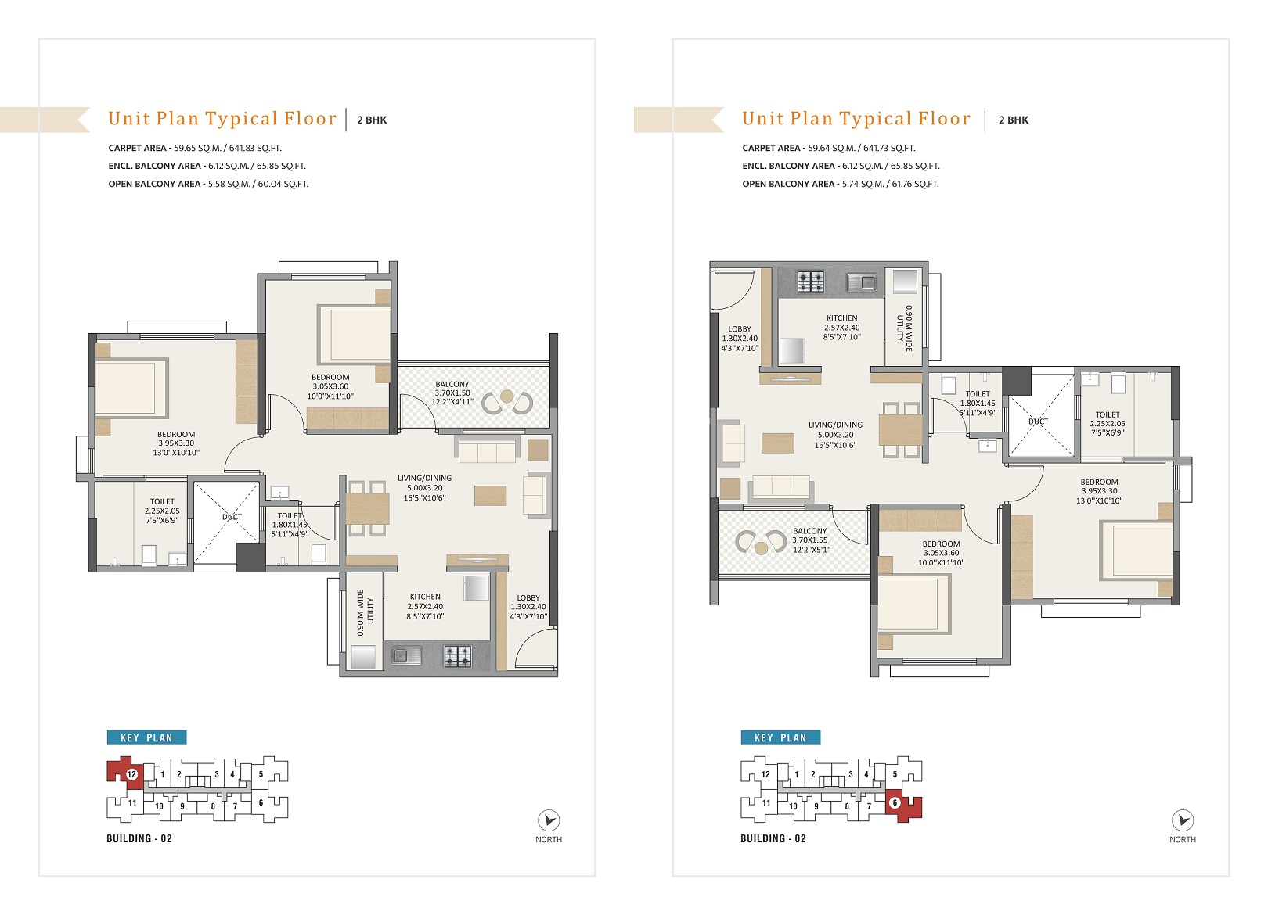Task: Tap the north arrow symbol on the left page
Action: (x=549, y=820)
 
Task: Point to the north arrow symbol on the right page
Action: (x=1183, y=820)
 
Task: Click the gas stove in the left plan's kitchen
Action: (x=457, y=656)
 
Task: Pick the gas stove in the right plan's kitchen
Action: (x=811, y=282)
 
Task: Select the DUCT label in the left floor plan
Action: (x=232, y=517)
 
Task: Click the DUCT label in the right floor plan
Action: (x=1038, y=422)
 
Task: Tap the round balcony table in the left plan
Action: (x=506, y=396)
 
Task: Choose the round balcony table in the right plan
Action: (x=762, y=547)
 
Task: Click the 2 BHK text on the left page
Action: (x=372, y=120)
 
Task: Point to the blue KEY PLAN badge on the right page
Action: (x=780, y=737)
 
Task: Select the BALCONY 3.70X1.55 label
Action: (x=810, y=540)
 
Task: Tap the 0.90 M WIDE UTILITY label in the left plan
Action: (x=365, y=612)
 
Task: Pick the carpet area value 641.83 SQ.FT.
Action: (x=255, y=148)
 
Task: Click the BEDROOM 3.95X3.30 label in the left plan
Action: (x=176, y=443)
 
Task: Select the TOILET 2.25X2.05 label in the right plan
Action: (x=1108, y=424)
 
